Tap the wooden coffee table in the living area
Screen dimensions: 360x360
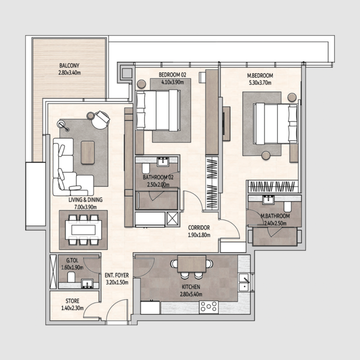(x=88, y=152)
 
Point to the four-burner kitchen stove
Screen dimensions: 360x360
(x=208, y=307)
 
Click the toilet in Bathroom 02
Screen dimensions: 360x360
(x=145, y=168)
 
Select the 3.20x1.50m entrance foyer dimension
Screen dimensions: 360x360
(x=117, y=283)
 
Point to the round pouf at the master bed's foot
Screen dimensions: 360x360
(x=265, y=155)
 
